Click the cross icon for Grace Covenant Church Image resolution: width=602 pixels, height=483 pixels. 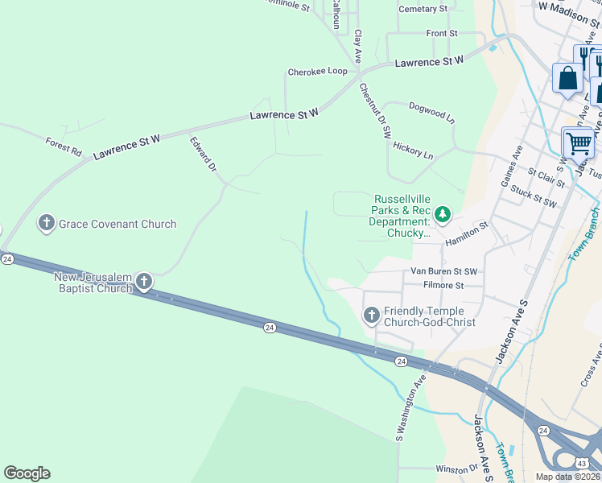[x=47, y=223]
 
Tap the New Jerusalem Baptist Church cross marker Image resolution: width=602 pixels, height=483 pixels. [x=143, y=281]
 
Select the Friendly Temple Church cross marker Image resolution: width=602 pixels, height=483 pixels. [x=371, y=315]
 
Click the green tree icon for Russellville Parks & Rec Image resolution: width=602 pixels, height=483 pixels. [x=441, y=214]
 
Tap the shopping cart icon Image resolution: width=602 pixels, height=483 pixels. [x=579, y=145]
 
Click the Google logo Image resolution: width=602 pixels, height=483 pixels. [x=27, y=473]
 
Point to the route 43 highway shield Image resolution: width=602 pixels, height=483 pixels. [x=582, y=462]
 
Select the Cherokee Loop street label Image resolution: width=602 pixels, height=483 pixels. [x=317, y=72]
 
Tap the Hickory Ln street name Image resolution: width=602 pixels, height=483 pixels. [x=413, y=150]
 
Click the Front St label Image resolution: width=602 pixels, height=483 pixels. [x=442, y=34]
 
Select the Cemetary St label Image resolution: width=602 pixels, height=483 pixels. [x=423, y=9]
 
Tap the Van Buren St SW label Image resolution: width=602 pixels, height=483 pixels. [x=444, y=271]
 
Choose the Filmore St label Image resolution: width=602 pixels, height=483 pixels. [x=443, y=285]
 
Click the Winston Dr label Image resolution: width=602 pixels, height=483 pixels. [x=456, y=469]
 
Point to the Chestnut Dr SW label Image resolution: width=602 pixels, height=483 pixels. [x=375, y=109]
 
